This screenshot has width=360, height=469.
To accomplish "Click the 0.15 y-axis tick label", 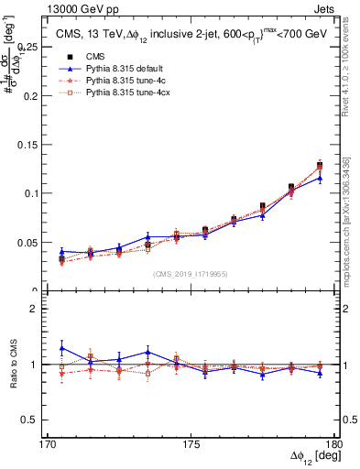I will click(33, 144).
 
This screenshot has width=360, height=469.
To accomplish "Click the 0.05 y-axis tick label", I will click(33, 243).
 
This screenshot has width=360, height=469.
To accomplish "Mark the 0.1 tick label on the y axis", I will click(37, 193).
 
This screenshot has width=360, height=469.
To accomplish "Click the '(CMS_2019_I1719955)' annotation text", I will click(191, 272).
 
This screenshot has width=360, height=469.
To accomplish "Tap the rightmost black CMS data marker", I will click(320, 165).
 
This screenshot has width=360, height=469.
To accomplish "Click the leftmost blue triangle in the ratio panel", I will click(61, 348).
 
